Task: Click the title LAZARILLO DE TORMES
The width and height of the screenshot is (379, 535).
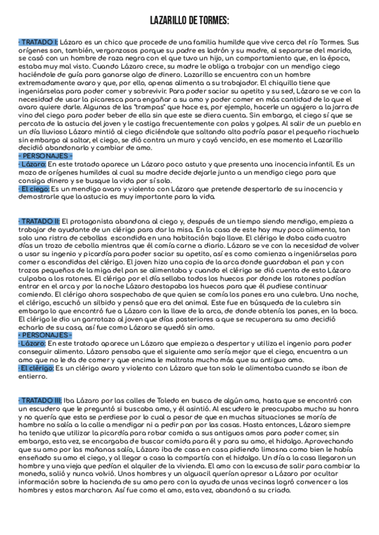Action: point(189,21)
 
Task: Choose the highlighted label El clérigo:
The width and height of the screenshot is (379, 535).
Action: point(36,368)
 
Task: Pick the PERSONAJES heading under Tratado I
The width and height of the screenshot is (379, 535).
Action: point(45,155)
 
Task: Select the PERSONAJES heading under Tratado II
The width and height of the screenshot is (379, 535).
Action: point(45,335)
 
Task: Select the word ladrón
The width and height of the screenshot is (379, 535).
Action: point(222,49)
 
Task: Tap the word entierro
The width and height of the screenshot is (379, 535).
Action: point(32,376)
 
